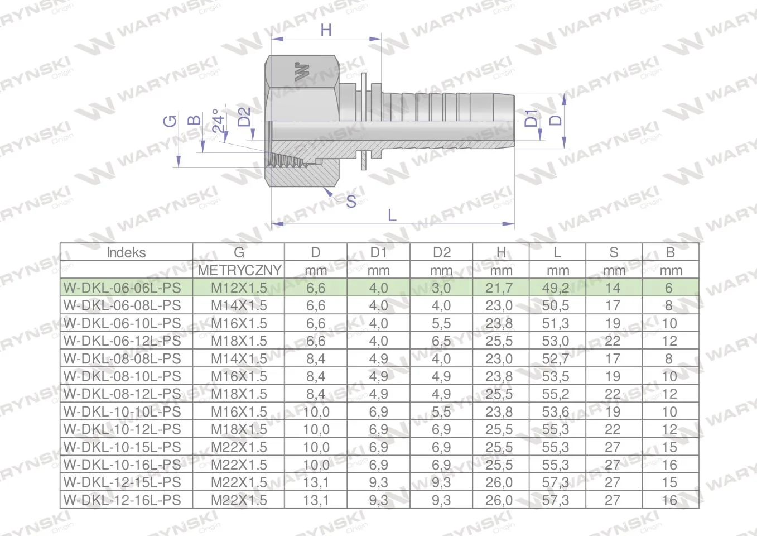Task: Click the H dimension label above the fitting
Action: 326,30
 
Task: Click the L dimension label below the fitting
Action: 392,215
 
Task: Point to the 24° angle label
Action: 219,121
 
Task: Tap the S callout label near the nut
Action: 351,202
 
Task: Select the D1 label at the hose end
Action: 531,118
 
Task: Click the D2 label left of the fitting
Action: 244,117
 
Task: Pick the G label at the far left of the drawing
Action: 170,121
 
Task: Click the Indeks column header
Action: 127,252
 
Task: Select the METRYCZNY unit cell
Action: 239,270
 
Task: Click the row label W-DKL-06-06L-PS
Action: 122,288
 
